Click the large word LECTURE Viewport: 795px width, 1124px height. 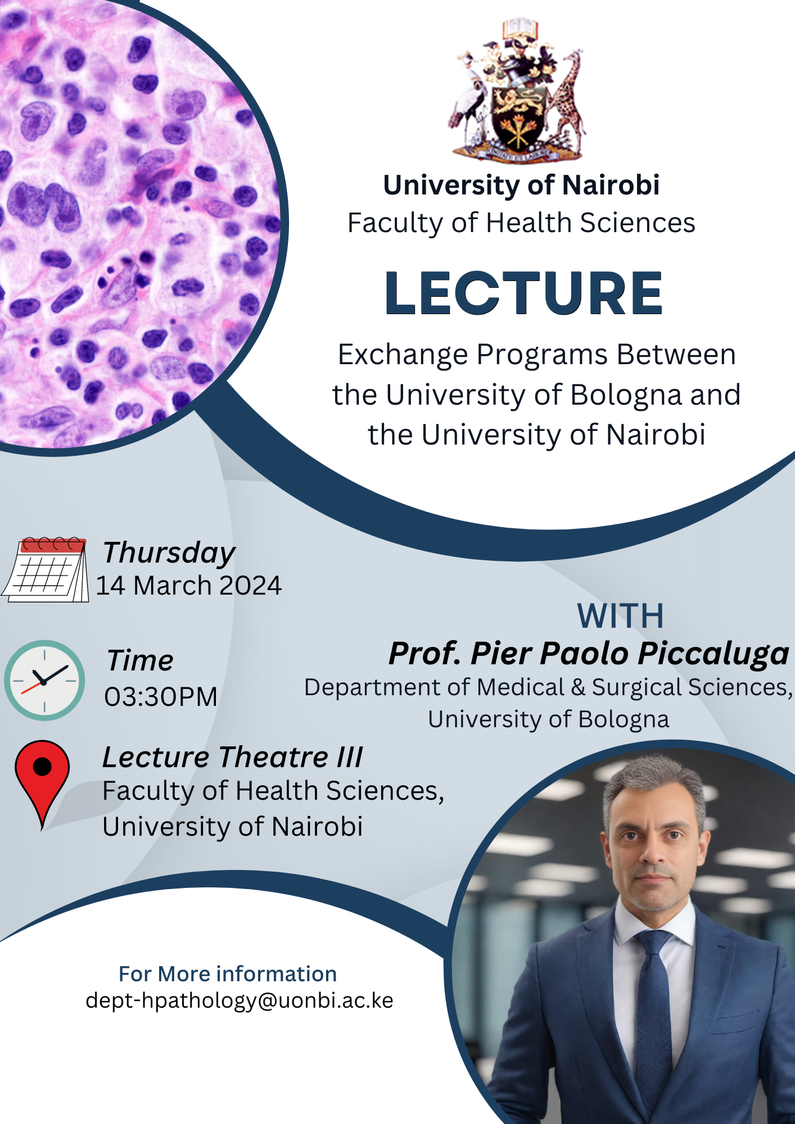523,293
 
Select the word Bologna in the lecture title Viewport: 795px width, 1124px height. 627,396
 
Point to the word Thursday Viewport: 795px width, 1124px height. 169,554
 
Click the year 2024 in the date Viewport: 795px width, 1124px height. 250,586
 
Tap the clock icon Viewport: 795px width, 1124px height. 44,680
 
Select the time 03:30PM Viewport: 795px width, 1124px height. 161,697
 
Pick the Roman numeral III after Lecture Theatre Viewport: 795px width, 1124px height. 349,757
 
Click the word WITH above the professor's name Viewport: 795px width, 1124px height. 621,616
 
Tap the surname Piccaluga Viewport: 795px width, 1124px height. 713,654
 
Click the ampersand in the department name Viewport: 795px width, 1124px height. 578,688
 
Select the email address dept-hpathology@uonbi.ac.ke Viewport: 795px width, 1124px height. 240,1001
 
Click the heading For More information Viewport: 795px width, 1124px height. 228,974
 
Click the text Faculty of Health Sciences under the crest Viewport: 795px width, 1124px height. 521,223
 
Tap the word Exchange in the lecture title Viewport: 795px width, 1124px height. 403,356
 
